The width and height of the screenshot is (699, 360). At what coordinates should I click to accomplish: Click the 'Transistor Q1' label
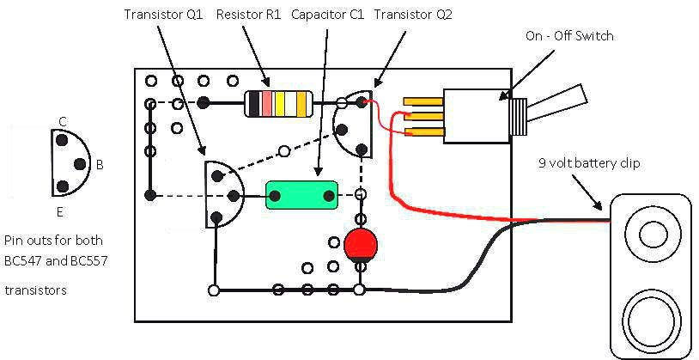(163, 15)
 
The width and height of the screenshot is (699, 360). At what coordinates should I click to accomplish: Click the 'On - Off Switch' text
(569, 36)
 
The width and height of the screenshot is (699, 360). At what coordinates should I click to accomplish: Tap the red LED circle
(361, 244)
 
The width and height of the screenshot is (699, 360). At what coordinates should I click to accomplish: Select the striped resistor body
(278, 103)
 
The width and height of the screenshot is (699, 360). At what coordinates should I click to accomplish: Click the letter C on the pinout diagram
(63, 121)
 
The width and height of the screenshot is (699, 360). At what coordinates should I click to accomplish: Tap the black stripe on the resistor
(254, 103)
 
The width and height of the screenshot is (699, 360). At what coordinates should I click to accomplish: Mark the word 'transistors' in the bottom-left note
(36, 290)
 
